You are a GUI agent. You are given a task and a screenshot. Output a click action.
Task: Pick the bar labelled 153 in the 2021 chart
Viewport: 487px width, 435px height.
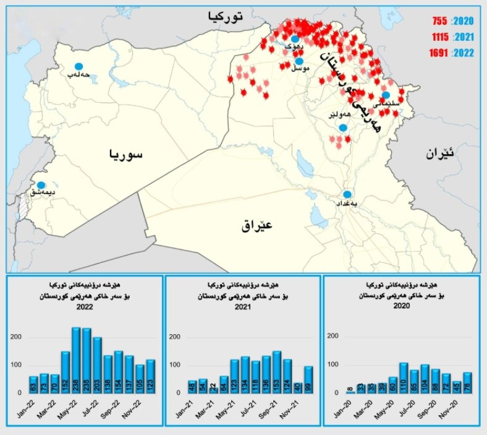(x=276, y=372)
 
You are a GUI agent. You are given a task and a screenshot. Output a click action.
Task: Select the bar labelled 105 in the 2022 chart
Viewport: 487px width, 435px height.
(x=140, y=379)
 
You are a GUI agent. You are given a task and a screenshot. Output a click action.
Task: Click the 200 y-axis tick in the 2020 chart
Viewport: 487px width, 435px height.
(x=332, y=337)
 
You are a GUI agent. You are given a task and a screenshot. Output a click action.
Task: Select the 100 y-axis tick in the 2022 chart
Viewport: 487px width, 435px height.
(x=16, y=365)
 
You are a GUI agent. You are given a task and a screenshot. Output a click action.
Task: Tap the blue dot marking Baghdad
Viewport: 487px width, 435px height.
(x=347, y=194)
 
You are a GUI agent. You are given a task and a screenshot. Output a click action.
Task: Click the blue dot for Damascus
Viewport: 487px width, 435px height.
(x=41, y=184)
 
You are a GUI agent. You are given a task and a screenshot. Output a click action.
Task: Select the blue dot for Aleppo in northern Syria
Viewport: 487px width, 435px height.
(x=78, y=66)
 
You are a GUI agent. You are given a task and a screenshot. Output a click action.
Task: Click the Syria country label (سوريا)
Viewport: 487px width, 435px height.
(x=125, y=154)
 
